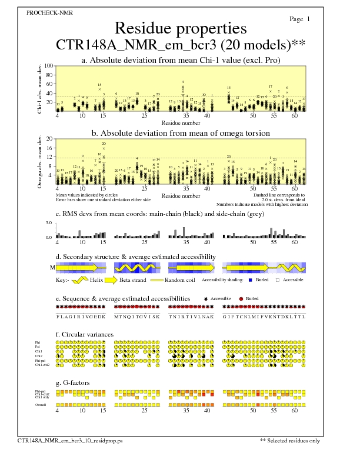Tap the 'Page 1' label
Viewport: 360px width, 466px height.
point(300,19)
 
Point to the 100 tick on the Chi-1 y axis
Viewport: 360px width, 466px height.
point(49,66)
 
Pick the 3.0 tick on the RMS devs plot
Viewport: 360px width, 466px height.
point(49,224)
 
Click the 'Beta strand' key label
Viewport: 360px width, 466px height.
point(132,281)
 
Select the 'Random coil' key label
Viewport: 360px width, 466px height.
point(178,281)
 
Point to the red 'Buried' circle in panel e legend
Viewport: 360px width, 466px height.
point(242,299)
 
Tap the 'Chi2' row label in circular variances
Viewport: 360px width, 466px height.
point(38,356)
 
